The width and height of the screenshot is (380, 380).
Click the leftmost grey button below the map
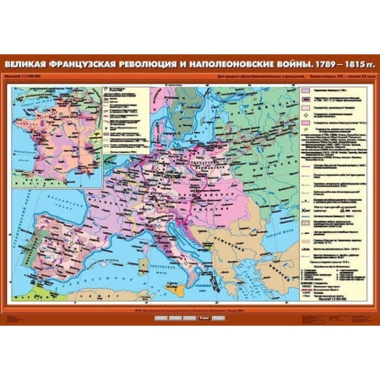click(155, 320)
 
